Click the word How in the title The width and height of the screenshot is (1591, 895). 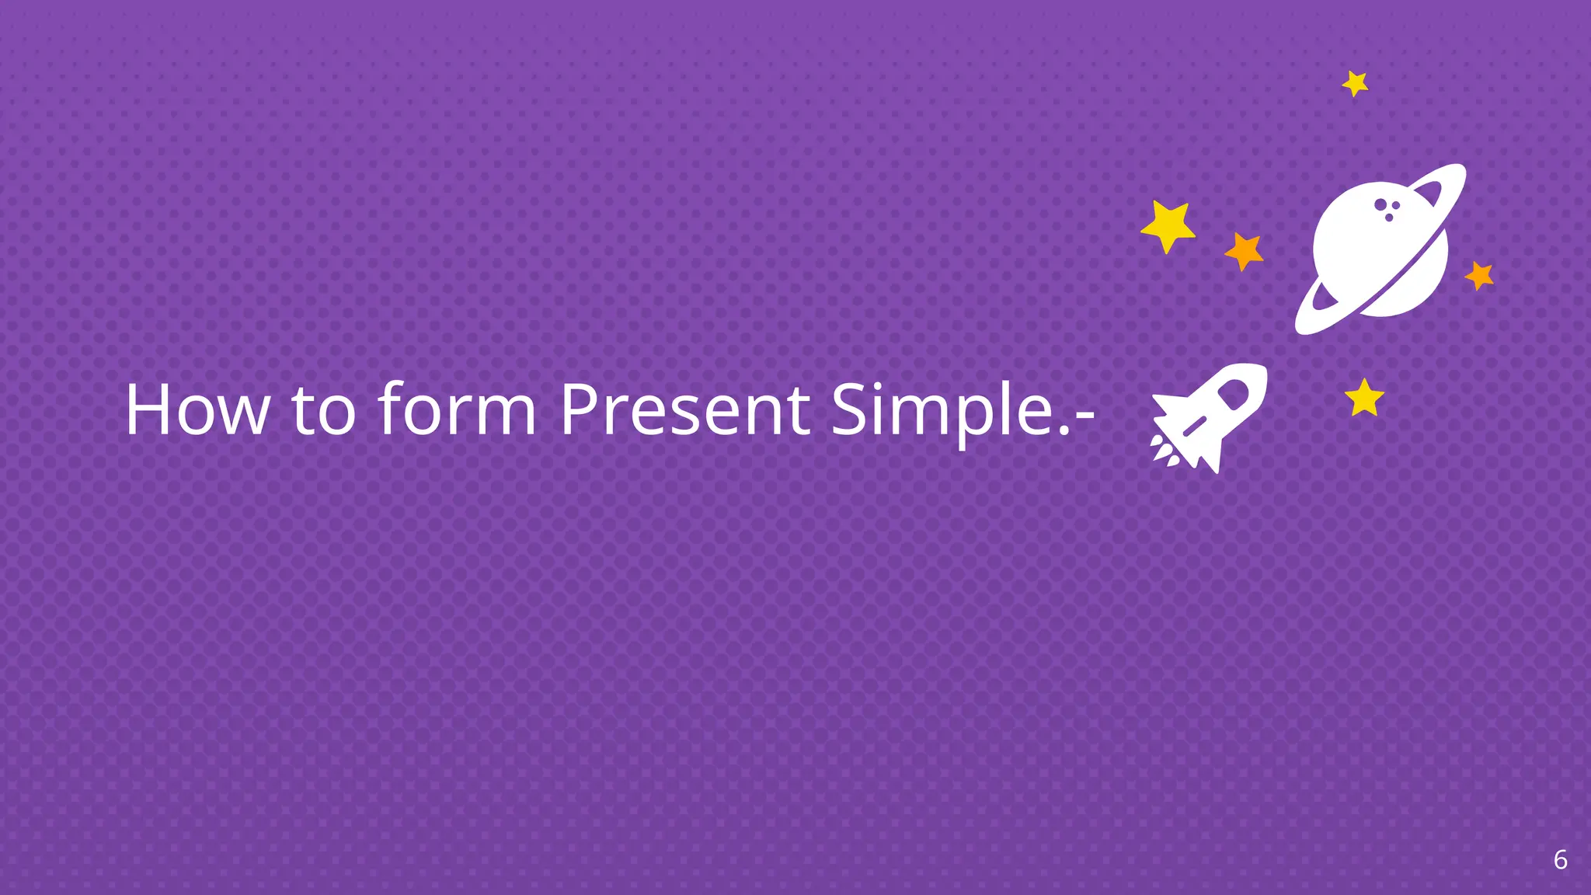(x=197, y=409)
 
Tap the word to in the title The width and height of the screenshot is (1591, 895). (x=324, y=409)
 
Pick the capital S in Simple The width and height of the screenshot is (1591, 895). (x=849, y=409)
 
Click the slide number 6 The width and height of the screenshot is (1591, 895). (x=1560, y=860)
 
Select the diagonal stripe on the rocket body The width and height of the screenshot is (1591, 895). (x=1193, y=425)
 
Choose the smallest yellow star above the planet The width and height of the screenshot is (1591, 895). (x=1356, y=83)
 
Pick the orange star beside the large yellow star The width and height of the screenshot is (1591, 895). (x=1245, y=251)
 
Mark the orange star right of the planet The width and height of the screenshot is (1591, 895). (x=1479, y=275)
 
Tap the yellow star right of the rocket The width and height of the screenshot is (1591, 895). (x=1364, y=399)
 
